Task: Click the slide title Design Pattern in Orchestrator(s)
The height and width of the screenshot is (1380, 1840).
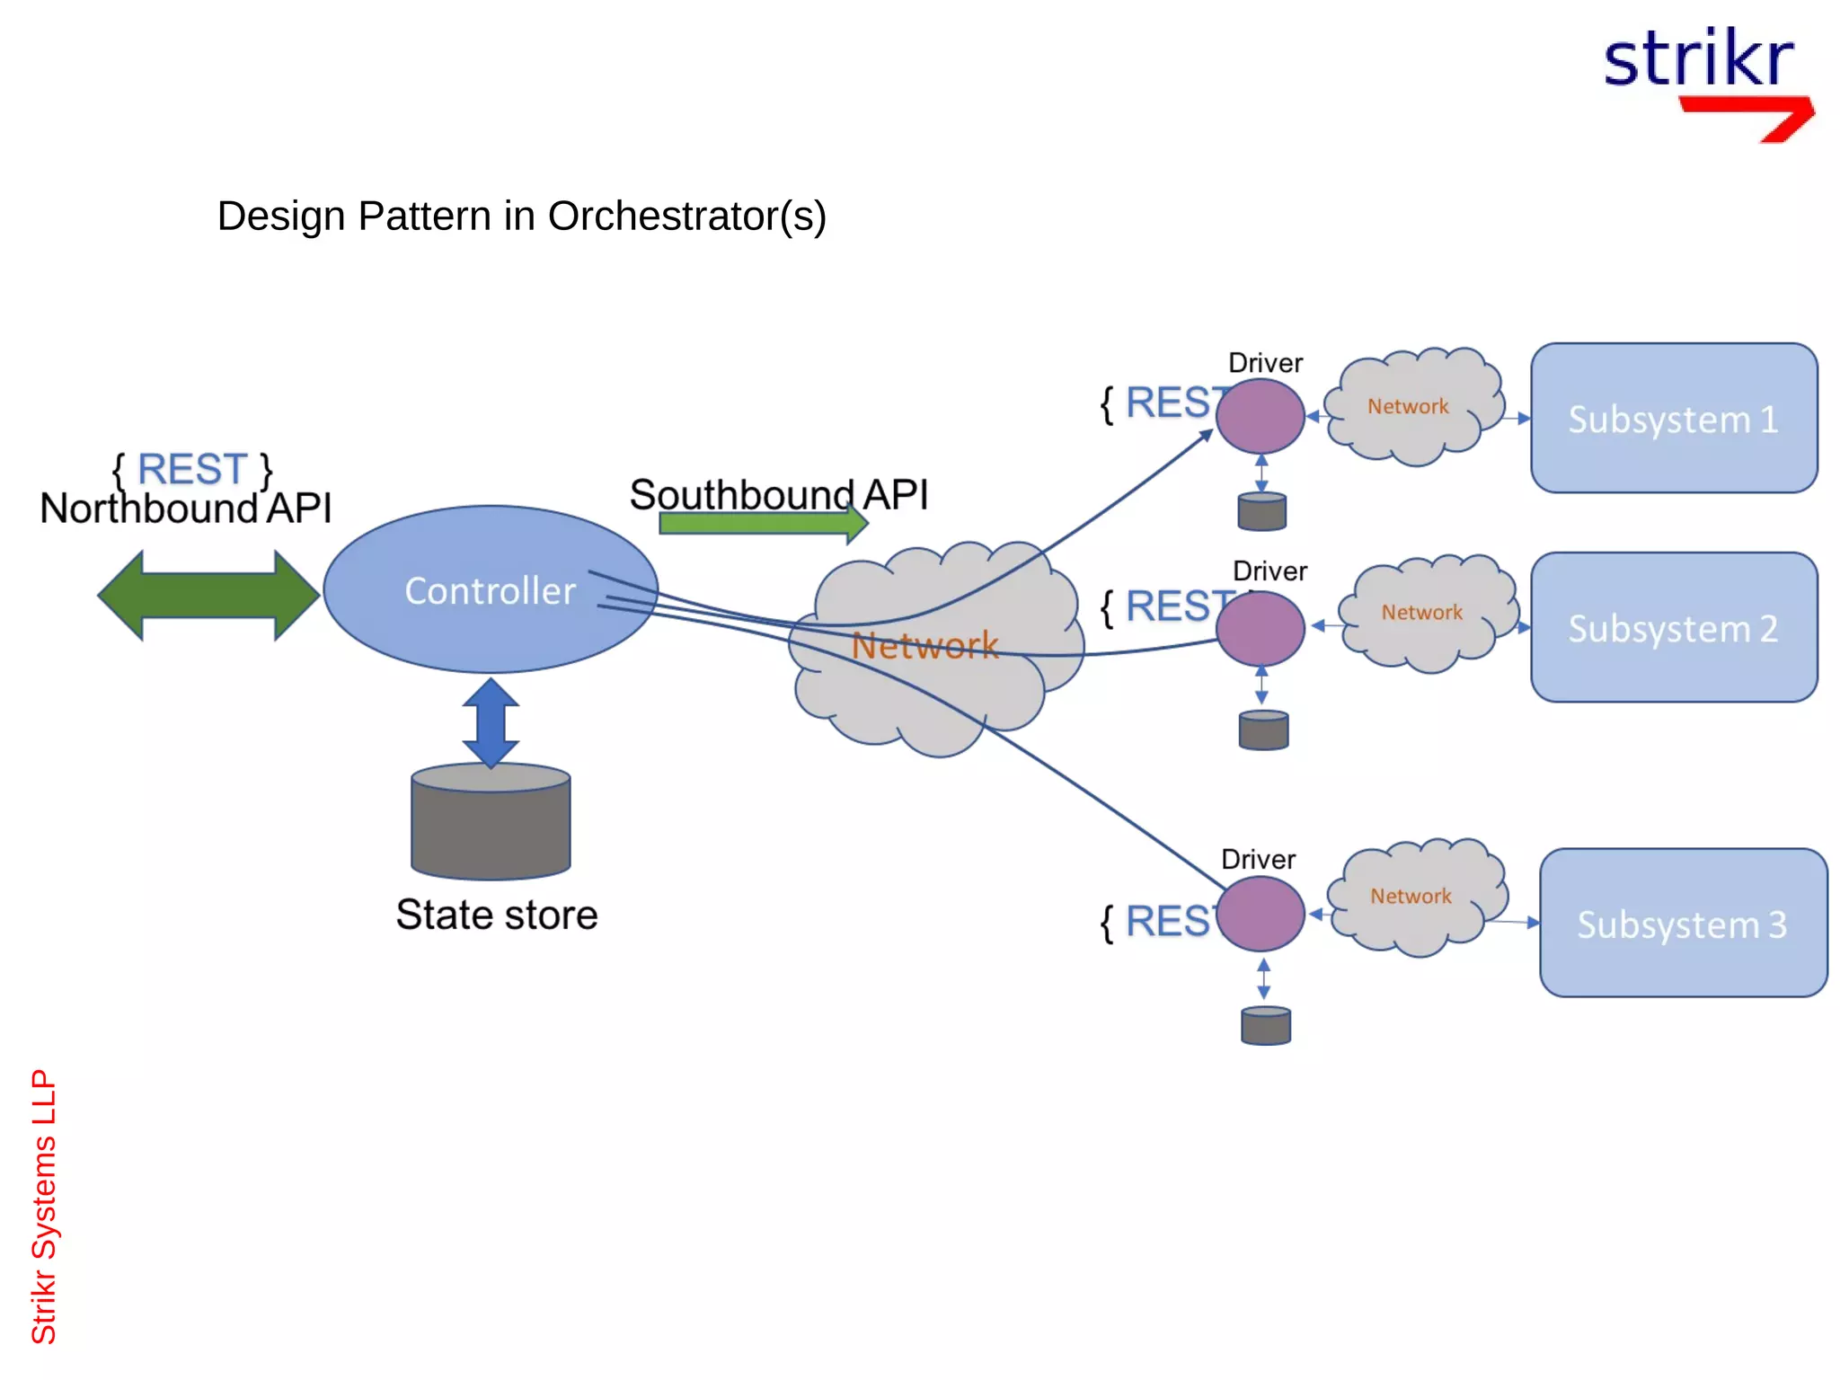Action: (x=521, y=216)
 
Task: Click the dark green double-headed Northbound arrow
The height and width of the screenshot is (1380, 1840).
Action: (x=208, y=595)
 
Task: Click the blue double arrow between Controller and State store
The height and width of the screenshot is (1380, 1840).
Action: (x=491, y=723)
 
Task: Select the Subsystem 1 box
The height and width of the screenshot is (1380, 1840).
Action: (x=1673, y=419)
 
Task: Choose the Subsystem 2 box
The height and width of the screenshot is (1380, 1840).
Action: (x=1673, y=628)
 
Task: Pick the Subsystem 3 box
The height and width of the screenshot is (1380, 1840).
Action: (x=1682, y=924)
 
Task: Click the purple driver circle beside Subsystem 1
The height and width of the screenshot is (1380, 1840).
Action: (x=1260, y=416)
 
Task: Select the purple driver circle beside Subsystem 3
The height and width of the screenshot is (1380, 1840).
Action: (x=1261, y=914)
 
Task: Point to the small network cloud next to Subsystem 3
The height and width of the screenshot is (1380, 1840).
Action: (x=1412, y=897)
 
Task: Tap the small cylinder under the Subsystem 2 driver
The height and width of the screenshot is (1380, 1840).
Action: (x=1263, y=730)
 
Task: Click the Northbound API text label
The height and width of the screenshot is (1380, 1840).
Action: (x=186, y=509)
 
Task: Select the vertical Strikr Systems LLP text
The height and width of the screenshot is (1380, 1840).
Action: (x=43, y=1206)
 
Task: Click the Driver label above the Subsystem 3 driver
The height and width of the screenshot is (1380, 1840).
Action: (x=1258, y=859)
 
